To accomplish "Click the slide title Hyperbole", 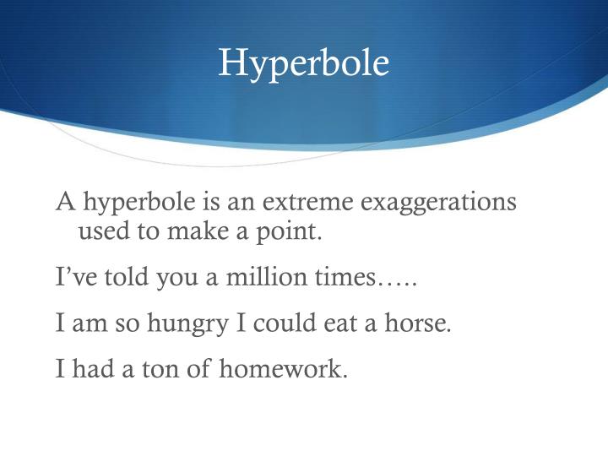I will pyautogui.click(x=303, y=63).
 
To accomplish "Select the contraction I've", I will pyautogui.click(x=74, y=277).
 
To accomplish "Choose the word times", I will pyautogui.click(x=342, y=277).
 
